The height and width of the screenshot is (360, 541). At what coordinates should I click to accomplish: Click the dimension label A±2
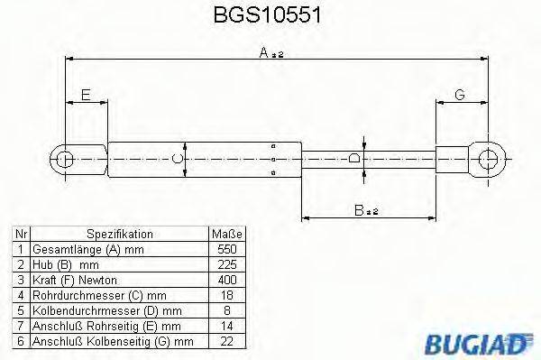271,53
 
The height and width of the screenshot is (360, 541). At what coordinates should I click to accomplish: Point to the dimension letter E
86,95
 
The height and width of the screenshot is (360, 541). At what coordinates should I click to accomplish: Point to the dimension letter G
460,95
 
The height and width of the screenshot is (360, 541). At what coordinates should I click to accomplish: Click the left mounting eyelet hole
66,160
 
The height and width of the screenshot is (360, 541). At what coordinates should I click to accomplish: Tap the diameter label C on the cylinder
179,160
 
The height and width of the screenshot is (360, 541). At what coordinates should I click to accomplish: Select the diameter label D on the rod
354,160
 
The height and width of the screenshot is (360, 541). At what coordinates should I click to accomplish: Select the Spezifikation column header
117,232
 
